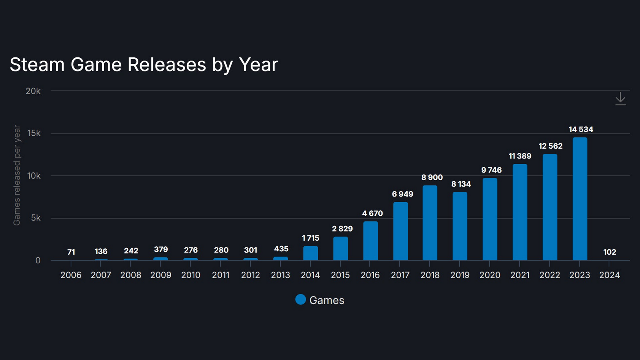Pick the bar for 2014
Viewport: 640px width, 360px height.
tap(310, 253)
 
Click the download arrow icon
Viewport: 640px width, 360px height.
tap(620, 99)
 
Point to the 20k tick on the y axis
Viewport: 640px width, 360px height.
tap(33, 91)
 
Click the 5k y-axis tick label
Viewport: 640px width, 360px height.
tap(36, 218)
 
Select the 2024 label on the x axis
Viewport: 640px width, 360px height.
tap(609, 275)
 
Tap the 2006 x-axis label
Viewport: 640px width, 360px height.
tap(71, 275)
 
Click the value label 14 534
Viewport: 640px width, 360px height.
tap(581, 129)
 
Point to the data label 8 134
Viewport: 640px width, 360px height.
tap(461, 184)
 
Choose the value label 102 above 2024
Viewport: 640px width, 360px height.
tap(610, 252)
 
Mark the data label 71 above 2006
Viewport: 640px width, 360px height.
tap(71, 252)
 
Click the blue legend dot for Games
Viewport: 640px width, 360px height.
tap(300, 300)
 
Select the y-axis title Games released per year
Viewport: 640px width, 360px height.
tap(17, 175)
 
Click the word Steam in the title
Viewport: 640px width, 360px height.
tap(37, 65)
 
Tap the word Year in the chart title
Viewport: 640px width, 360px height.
tap(258, 65)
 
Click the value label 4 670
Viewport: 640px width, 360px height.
tap(372, 213)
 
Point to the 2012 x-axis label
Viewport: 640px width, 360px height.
tap(250, 275)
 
